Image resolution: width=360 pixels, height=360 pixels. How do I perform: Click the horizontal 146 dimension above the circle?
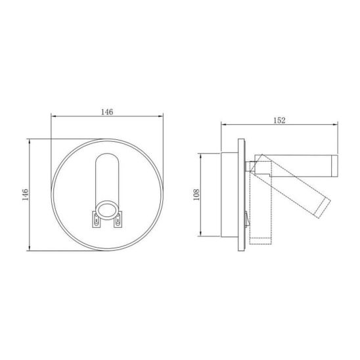point(107,112)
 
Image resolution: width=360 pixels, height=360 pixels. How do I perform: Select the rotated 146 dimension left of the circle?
point(25,194)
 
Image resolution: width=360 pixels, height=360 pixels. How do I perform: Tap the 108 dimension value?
point(196,194)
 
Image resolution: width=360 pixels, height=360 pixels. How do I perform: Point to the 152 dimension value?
point(279,120)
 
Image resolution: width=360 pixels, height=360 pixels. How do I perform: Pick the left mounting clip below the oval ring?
point(97,219)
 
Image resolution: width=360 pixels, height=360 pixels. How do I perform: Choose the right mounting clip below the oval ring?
point(118,219)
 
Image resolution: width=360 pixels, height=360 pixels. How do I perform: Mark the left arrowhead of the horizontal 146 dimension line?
point(53,116)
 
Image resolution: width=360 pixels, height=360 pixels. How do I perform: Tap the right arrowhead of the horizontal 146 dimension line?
point(161,116)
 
